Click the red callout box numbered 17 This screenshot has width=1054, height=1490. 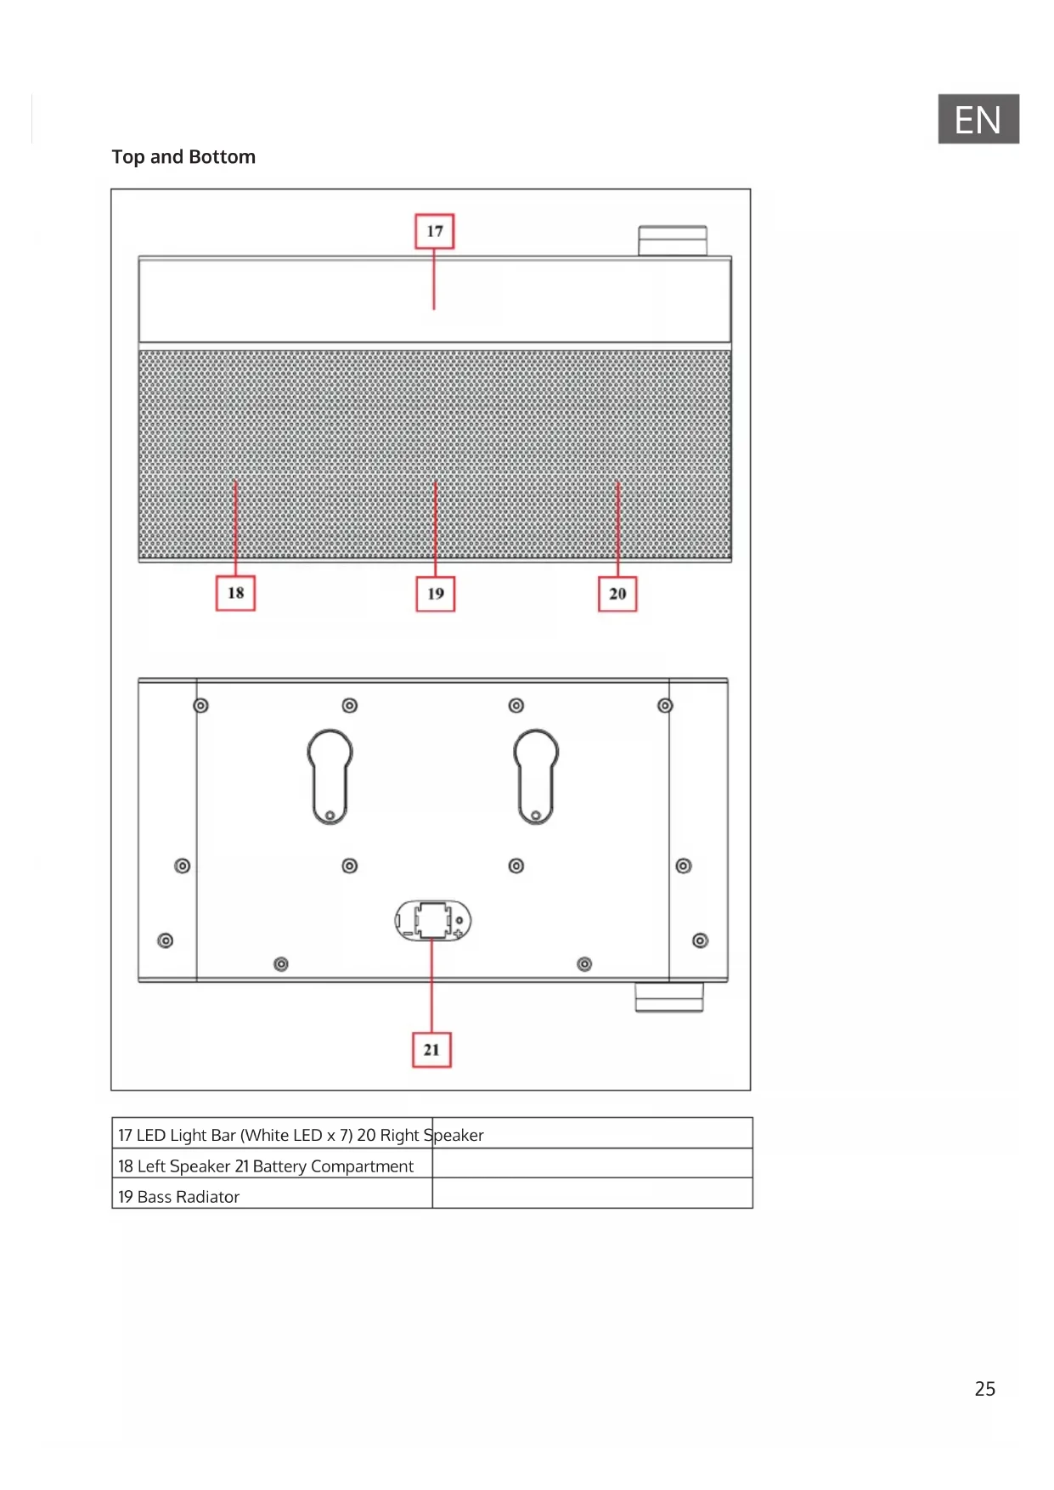coord(434,231)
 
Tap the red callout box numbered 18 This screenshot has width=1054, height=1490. coord(235,593)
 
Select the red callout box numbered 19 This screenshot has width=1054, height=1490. coord(436,594)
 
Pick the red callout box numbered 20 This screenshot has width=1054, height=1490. coord(617,594)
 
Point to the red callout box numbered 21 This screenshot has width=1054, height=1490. coord(431,1050)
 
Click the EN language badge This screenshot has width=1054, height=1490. coord(978,119)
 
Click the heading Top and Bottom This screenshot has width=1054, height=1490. coord(183,157)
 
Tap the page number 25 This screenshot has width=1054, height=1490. coord(985,1389)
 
